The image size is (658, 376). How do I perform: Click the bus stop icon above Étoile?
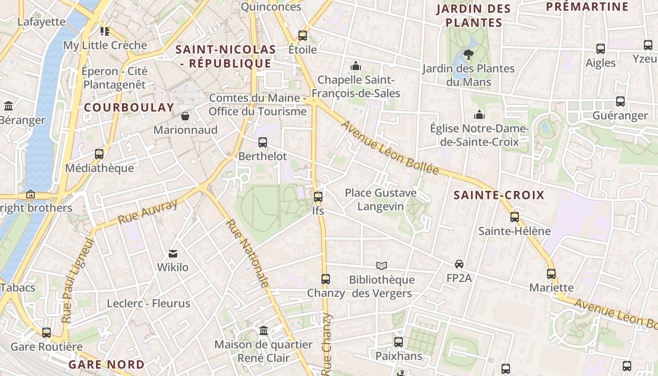(303, 36)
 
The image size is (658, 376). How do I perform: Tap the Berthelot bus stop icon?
(263, 142)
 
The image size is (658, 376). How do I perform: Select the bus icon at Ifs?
(318, 197)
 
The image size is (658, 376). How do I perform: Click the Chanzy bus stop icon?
(325, 279)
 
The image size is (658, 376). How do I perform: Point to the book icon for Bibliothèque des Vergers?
(382, 266)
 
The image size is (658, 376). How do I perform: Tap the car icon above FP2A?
(459, 264)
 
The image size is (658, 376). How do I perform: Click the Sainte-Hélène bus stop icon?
(515, 217)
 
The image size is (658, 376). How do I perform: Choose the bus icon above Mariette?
(551, 274)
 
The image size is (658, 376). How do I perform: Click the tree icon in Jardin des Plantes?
(468, 55)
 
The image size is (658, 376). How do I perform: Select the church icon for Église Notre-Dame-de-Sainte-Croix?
(479, 115)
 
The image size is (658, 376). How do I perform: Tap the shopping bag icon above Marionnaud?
(185, 116)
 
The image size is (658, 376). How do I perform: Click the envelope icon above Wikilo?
(173, 254)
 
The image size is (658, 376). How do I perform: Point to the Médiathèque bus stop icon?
(99, 154)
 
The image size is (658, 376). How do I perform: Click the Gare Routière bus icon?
(47, 333)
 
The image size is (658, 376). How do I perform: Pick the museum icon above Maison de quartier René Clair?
(264, 331)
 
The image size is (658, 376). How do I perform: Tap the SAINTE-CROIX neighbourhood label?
(499, 196)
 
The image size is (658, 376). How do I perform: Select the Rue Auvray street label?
(148, 211)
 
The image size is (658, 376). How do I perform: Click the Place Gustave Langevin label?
(381, 200)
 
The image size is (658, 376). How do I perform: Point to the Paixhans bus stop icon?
(399, 342)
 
